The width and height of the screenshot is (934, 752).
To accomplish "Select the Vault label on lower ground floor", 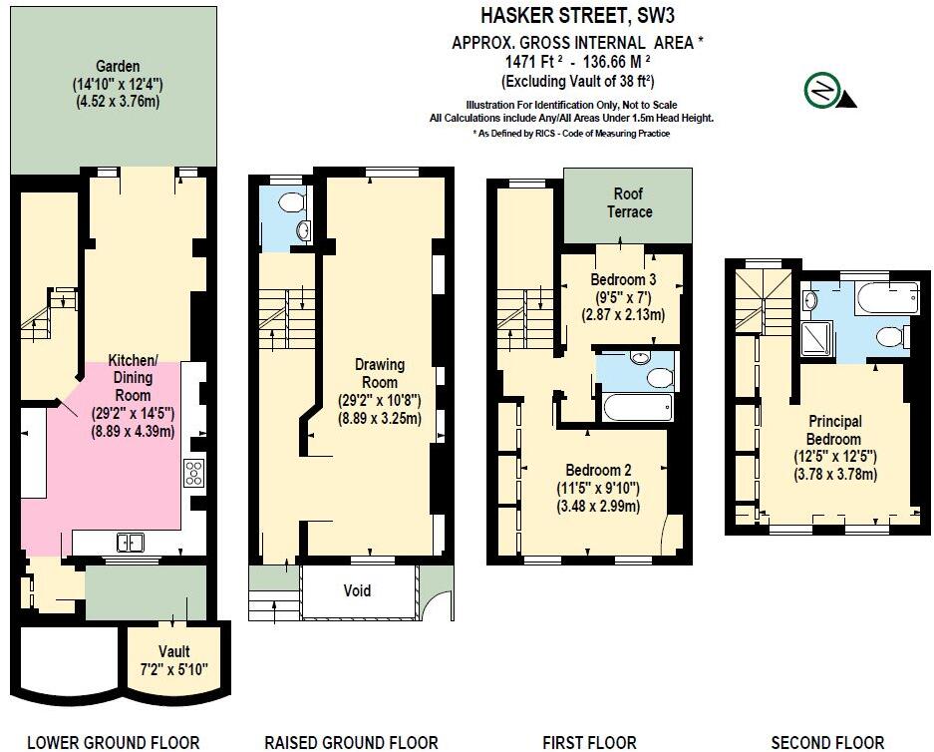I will [x=173, y=651].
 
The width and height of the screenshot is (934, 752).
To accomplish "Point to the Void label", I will [x=357, y=590].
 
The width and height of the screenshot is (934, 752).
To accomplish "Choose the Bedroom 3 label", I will [x=623, y=278].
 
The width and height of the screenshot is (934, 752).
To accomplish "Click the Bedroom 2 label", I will [x=599, y=470].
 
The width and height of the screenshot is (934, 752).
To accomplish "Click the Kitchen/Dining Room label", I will [x=133, y=377].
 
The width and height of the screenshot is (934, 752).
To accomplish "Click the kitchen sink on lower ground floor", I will [x=131, y=543].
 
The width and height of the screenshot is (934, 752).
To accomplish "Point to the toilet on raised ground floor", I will [x=290, y=202].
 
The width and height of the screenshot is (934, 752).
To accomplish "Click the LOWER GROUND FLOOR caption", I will [x=113, y=742].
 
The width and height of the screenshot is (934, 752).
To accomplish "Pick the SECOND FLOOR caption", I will [x=827, y=742].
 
